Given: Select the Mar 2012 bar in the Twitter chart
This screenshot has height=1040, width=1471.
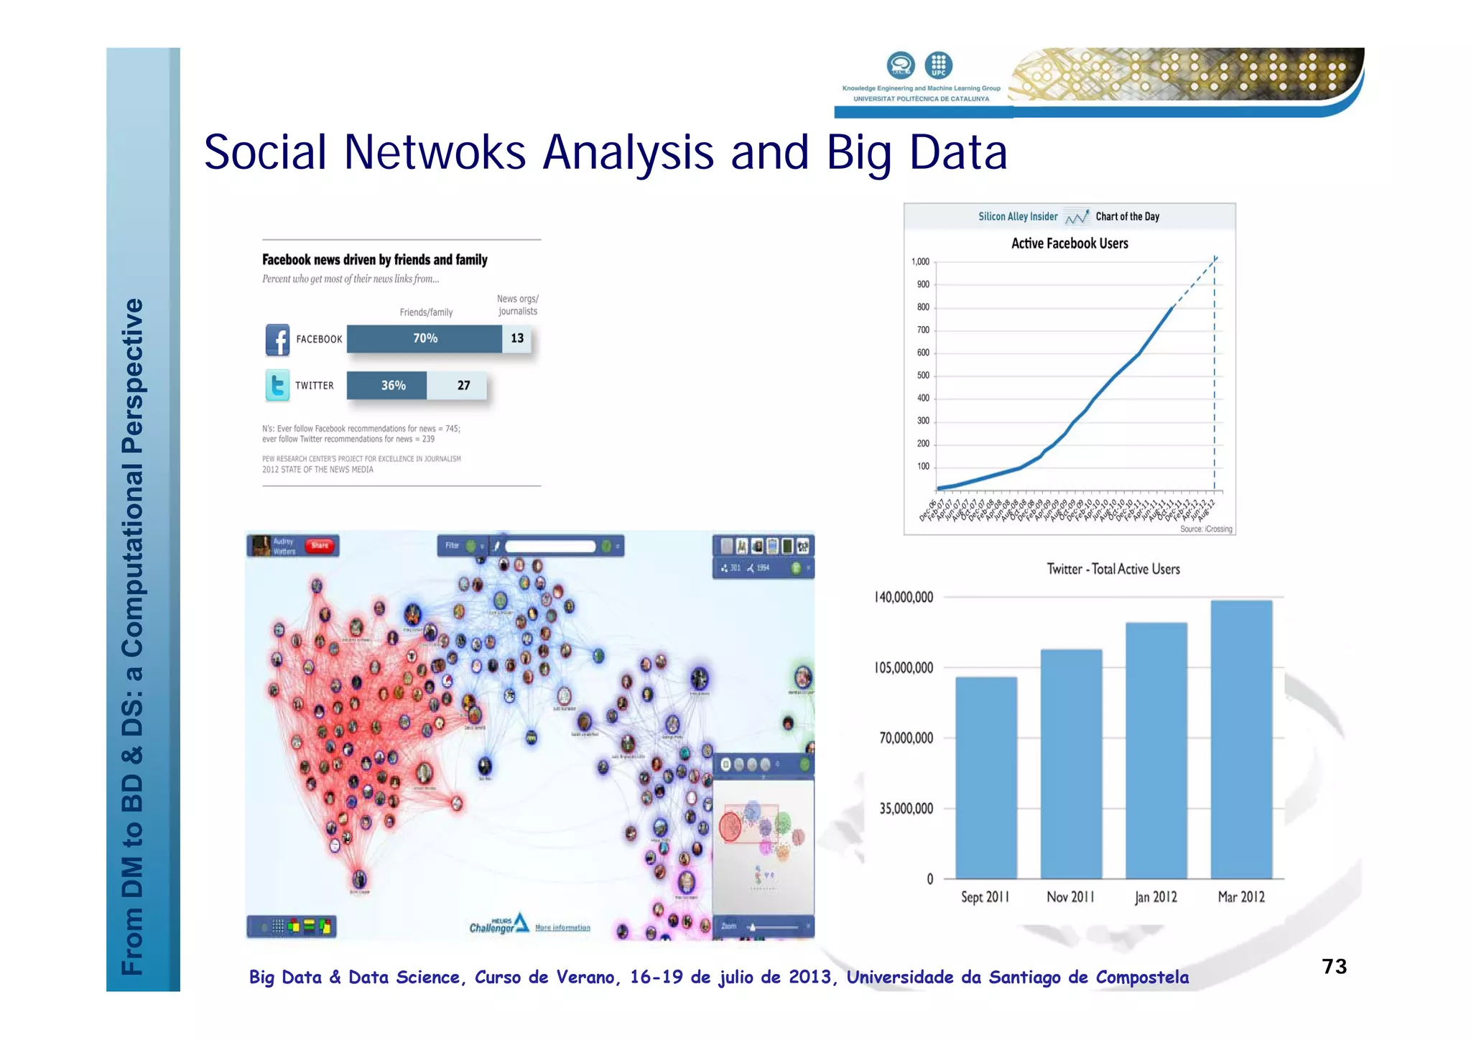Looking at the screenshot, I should tap(1241, 739).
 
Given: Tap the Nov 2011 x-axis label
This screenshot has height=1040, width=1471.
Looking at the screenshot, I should tap(1070, 897).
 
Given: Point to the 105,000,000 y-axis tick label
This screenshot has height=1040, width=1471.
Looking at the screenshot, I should tap(904, 668).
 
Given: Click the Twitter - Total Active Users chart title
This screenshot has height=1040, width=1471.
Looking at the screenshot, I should tap(1113, 569).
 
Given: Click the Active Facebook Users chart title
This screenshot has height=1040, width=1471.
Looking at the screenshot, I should tap(1069, 243).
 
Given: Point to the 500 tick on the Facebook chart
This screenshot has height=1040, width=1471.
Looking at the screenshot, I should tap(923, 375).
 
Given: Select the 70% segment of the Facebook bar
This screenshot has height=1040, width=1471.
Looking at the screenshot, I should tap(424, 338).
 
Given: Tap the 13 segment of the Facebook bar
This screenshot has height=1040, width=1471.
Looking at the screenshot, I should tap(517, 338).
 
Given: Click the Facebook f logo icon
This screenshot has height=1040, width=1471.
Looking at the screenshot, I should tap(278, 340).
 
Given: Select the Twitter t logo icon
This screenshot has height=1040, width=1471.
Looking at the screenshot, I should tap(277, 386).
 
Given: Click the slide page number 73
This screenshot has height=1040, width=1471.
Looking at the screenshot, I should tap(1334, 966).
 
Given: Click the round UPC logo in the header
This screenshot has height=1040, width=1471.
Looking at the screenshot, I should tap(938, 65).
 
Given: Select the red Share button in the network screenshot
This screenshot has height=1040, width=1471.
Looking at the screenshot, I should tap(319, 546).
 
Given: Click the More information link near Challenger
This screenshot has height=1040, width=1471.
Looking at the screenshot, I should tap(562, 927).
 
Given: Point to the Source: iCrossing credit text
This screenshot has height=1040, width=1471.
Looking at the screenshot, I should tap(1206, 529).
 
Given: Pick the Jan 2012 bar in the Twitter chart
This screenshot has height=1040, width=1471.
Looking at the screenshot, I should tap(1156, 751).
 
